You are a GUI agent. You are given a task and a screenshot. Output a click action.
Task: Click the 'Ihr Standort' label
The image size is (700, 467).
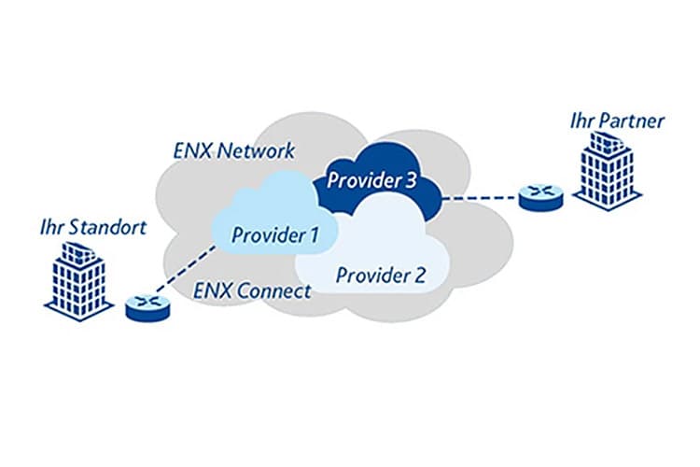pos(92,227)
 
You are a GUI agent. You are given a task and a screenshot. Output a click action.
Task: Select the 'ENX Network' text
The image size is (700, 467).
pos(234,150)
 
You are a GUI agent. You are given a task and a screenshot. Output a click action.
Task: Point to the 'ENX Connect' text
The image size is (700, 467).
pos(251,291)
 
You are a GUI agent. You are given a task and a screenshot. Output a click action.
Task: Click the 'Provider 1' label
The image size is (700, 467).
pos(271,234)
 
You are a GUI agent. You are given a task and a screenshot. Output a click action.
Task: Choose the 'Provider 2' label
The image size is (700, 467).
pos(380,275)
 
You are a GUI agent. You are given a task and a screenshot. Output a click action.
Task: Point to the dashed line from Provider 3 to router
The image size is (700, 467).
pos(481,197)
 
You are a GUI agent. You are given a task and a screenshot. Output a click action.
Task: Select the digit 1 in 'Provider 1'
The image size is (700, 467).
pos(313,234)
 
